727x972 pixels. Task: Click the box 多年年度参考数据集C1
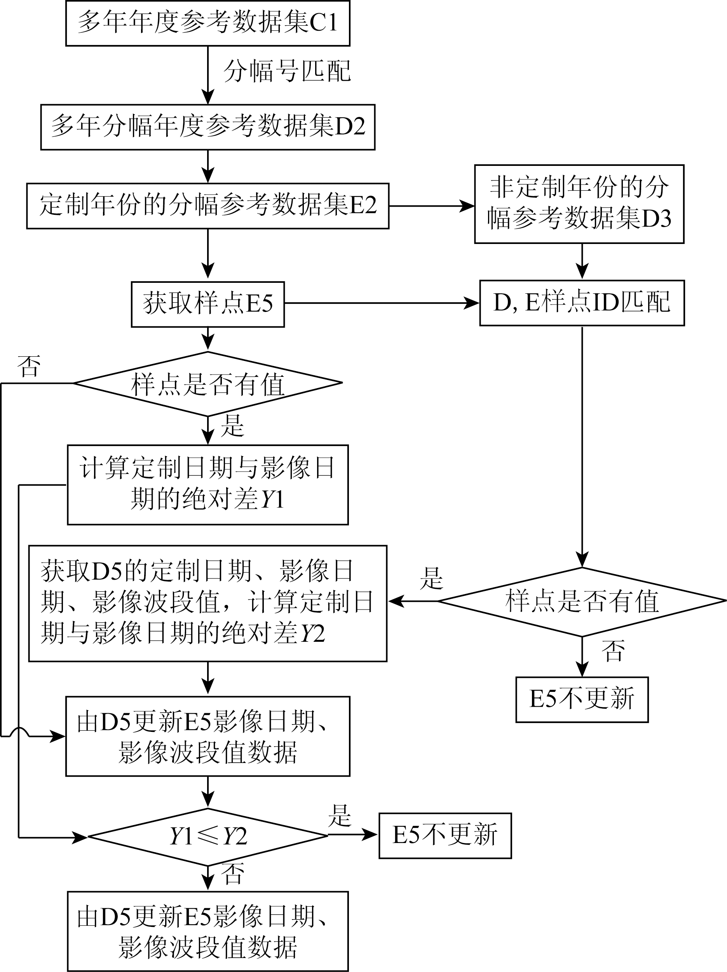[x=207, y=23]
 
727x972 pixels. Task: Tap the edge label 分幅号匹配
[x=287, y=71]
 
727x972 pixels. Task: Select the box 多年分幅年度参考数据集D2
[x=207, y=127]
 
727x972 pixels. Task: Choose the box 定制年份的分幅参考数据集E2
[x=207, y=206]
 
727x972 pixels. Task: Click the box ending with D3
[x=579, y=204]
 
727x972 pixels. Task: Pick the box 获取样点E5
[x=207, y=304]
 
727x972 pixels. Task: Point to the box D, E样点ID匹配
[x=582, y=303]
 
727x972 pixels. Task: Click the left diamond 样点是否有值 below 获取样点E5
[x=207, y=383]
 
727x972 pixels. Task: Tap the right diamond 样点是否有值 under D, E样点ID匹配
[x=582, y=601]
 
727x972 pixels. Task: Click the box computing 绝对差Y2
[x=207, y=603]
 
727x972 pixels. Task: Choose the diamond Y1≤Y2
[x=207, y=836]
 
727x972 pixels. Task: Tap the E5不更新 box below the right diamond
[x=582, y=700]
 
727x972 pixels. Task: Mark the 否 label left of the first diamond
[x=29, y=366]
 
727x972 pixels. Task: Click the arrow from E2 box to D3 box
[x=431, y=206]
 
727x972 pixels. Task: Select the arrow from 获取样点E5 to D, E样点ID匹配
[x=381, y=303]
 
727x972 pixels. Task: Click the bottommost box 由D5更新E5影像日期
[x=207, y=931]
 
